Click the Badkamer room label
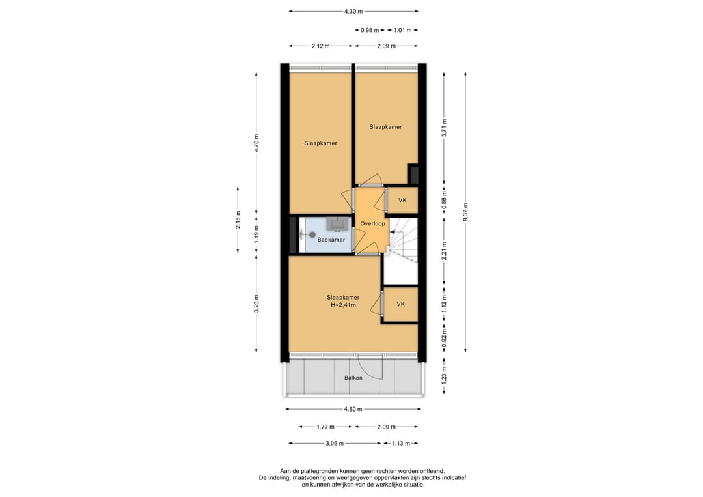[x=331, y=240]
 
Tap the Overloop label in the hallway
[x=372, y=223]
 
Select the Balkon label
[x=353, y=378]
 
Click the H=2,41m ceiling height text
[x=343, y=305]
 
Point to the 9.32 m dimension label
[x=465, y=212]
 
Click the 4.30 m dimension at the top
[x=353, y=11]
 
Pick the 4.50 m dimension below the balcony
[x=353, y=409]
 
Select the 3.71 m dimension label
[x=444, y=129]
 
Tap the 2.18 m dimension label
[x=238, y=220]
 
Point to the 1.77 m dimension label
[x=325, y=427]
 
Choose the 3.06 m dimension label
[x=335, y=443]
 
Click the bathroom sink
[x=337, y=223]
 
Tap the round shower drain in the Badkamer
[x=312, y=234]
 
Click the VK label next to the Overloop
[x=402, y=200]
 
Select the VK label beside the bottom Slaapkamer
[x=401, y=304]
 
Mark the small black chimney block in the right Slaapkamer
[x=413, y=174]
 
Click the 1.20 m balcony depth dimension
[x=444, y=376]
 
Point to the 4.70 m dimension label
[x=256, y=143]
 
